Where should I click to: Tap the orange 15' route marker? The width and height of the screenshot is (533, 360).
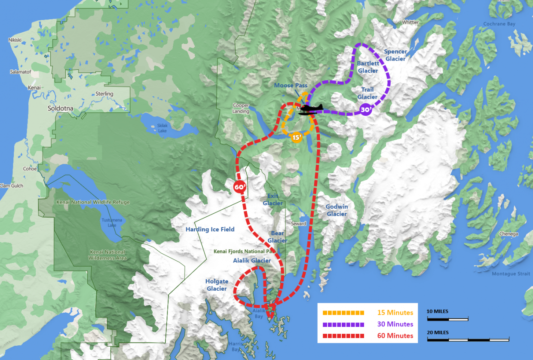pos(296,137)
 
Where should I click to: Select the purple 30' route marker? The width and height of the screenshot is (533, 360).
pos(366,110)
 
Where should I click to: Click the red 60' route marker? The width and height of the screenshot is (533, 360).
pos(239,187)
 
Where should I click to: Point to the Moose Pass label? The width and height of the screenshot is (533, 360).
pos(291,86)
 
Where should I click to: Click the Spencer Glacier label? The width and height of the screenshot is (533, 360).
pos(395,55)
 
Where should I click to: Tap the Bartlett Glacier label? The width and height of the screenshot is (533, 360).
pos(368,67)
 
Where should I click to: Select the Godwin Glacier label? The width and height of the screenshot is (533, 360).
pos(337,210)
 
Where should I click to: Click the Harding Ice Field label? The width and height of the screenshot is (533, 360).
pos(210,229)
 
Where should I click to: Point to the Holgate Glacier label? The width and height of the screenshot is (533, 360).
pos(217,285)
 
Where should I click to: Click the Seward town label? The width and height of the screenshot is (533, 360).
pos(298,224)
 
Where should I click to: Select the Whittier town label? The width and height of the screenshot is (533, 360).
pos(410,22)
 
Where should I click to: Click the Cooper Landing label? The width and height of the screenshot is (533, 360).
pos(241,108)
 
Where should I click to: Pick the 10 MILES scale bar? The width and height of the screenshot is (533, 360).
pos(447,319)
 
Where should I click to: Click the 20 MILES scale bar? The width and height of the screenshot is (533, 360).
pos(468,339)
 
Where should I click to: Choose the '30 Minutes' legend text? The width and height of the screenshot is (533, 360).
pos(395,324)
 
